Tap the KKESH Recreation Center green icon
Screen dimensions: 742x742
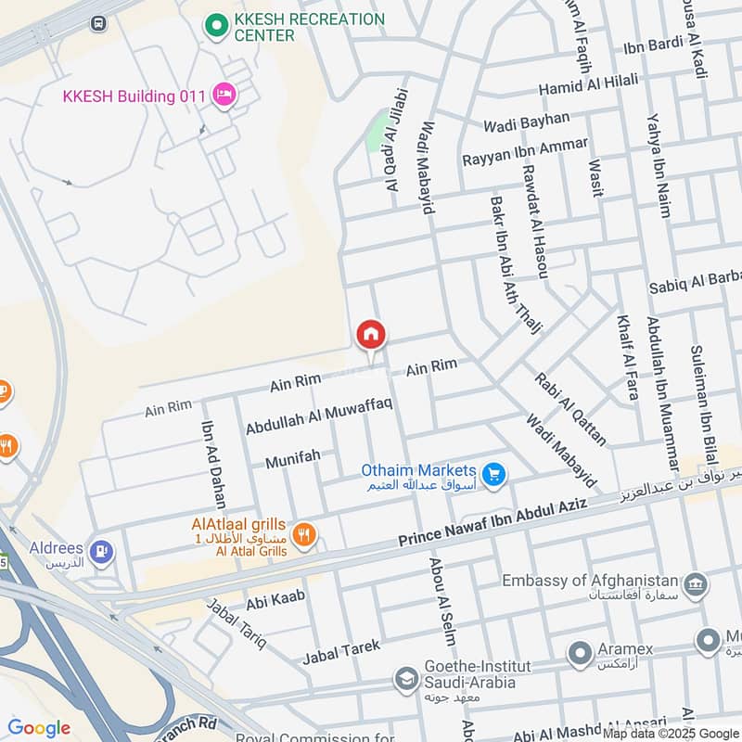click(217, 26)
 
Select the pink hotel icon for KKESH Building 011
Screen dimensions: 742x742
click(224, 94)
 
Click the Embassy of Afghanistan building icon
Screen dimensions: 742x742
click(695, 585)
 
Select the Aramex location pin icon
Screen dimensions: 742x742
click(581, 653)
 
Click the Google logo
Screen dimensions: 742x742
click(39, 728)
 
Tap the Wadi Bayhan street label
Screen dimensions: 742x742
click(526, 122)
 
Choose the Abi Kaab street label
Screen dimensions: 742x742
click(270, 603)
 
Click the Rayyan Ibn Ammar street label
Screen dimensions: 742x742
click(525, 152)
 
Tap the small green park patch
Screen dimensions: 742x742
click(376, 132)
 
